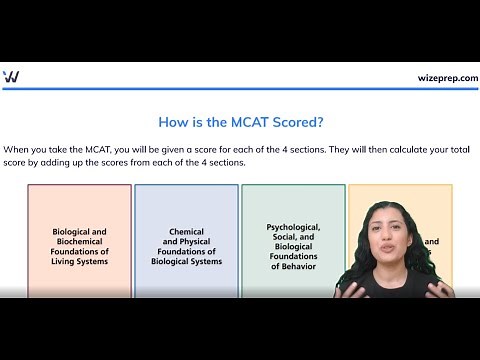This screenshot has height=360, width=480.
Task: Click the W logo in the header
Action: click(11, 76)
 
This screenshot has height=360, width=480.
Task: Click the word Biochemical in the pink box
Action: click(79, 241)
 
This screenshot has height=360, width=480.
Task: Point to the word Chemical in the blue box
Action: click(186, 232)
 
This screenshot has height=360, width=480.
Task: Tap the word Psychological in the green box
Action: click(293, 227)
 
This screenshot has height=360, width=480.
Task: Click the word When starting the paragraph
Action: click(18, 148)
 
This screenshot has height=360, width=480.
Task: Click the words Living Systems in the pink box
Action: click(79, 261)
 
